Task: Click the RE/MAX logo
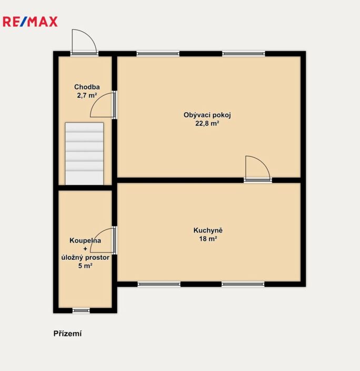coord(30,22)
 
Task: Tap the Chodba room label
coord(87,87)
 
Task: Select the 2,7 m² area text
coord(87,95)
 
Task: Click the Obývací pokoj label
coord(207,115)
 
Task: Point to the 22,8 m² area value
coord(207,123)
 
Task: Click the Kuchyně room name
coord(208,230)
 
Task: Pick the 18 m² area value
coord(208,239)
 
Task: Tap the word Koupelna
coord(85,240)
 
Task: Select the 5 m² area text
coord(85,266)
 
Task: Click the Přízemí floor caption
coord(67,334)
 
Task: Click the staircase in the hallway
coord(84,153)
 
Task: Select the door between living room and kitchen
coord(258,169)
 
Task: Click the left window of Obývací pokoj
coord(158,54)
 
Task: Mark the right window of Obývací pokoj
coord(244,54)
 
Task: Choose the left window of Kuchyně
coord(159,284)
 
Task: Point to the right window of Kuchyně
coord(243,284)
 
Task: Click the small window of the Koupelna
coord(81,310)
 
